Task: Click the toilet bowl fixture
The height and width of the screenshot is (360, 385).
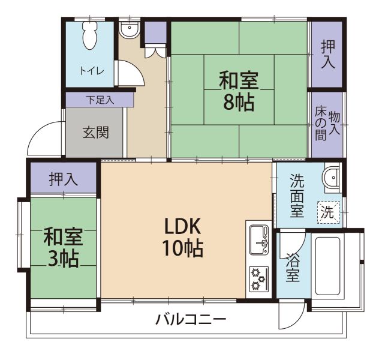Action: pos(90,35)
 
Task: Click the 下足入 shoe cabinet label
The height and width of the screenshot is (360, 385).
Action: pos(100,100)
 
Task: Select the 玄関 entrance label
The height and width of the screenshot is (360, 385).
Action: pos(96,133)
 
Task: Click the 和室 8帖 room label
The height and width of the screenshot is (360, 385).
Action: pos(239,91)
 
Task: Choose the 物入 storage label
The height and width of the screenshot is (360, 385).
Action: pos(334,122)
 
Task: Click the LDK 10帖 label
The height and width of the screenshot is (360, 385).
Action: pos(183,236)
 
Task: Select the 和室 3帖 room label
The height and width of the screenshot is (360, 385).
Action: pos(63,248)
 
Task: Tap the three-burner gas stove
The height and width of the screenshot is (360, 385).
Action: pos(259,280)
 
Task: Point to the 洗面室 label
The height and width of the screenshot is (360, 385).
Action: pos(297,196)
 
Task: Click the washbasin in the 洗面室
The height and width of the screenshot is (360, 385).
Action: pos(332,178)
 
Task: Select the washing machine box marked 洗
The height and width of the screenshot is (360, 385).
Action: pos(328,212)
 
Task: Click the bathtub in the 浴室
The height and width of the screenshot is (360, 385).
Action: pos(328,266)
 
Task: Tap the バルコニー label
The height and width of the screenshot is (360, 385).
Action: pos(191,319)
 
